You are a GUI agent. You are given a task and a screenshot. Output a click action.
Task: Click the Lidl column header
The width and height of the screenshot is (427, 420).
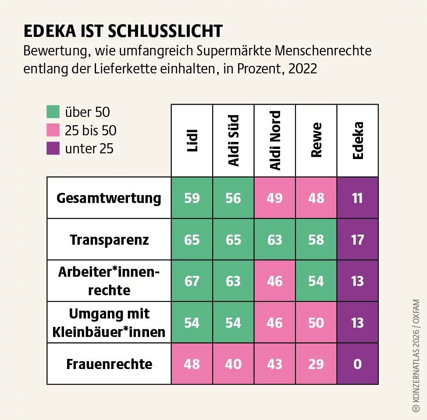(192, 141)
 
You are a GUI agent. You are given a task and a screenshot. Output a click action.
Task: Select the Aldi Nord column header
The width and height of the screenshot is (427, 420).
(275, 141)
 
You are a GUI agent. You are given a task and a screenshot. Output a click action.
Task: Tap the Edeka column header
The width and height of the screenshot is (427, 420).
(358, 141)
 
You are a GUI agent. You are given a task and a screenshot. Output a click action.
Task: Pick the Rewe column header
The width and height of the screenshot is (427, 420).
(316, 141)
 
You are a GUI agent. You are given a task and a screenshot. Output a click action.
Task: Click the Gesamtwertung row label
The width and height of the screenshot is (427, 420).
(109, 198)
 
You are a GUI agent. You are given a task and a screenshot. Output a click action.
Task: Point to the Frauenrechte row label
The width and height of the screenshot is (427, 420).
(109, 364)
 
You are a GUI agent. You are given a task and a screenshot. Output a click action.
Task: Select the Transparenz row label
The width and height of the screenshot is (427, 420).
(109, 240)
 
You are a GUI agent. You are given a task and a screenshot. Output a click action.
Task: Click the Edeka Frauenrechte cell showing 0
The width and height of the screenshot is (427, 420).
(358, 364)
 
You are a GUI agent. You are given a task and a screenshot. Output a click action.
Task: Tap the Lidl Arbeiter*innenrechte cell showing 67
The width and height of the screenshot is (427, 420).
(192, 281)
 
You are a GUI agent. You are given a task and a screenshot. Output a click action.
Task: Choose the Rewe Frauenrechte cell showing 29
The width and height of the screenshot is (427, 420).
(316, 364)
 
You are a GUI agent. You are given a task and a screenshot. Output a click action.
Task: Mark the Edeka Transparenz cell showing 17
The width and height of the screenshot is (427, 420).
(358, 240)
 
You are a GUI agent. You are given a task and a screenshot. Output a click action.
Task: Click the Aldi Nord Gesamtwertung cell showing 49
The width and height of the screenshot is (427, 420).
(275, 198)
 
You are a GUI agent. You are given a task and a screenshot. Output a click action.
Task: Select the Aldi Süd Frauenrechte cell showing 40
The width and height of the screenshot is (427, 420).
(233, 364)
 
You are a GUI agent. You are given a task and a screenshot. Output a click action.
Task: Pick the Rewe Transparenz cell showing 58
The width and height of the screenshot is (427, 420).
(316, 240)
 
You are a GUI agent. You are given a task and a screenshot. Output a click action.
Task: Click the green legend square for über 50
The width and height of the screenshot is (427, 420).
(53, 112)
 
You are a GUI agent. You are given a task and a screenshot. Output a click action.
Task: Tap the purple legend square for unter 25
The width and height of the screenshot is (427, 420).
(53, 148)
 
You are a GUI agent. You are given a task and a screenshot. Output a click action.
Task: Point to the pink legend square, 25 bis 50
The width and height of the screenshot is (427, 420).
(53, 130)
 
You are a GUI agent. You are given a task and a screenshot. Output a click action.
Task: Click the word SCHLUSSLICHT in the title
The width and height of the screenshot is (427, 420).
(165, 32)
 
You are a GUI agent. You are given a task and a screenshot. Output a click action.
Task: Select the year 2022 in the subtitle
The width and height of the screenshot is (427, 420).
(302, 69)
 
